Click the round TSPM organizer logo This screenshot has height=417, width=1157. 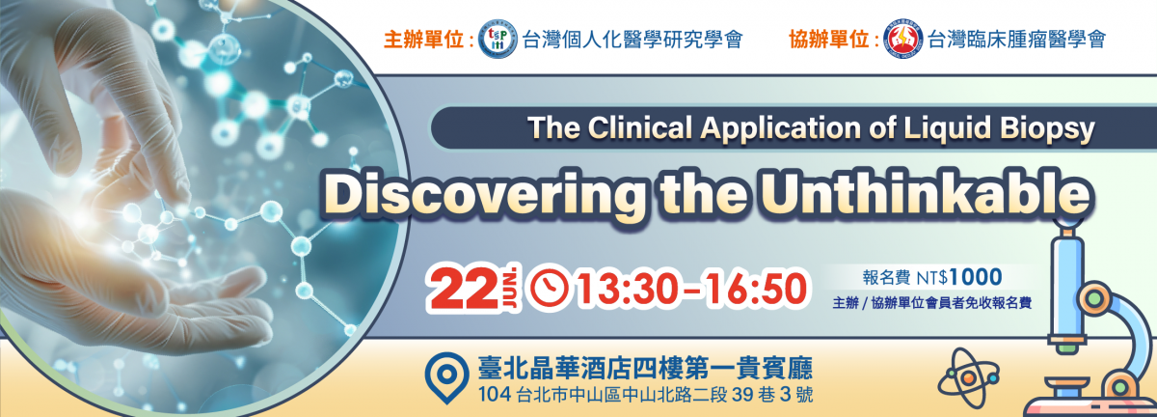pos(498,39)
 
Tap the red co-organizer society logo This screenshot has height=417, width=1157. pos(902,40)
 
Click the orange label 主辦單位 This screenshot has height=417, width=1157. pos(423,40)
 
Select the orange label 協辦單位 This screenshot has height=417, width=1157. pos(828,40)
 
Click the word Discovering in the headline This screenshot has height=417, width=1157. pos(484,196)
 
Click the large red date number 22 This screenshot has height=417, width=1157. pos(462,291)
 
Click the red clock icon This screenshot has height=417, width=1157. pos(549,290)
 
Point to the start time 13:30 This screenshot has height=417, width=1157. pos(629,290)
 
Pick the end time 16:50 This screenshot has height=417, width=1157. pos(756,290)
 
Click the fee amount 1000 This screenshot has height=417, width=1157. pos(976,277)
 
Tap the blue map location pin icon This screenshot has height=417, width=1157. pos(446,377)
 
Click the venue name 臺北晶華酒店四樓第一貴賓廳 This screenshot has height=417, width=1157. pos(645,369)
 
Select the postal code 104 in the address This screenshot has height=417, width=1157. pos(495,395)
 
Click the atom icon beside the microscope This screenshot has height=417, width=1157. pos(968,378)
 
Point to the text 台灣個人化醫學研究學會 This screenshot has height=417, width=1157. pos(632,40)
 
